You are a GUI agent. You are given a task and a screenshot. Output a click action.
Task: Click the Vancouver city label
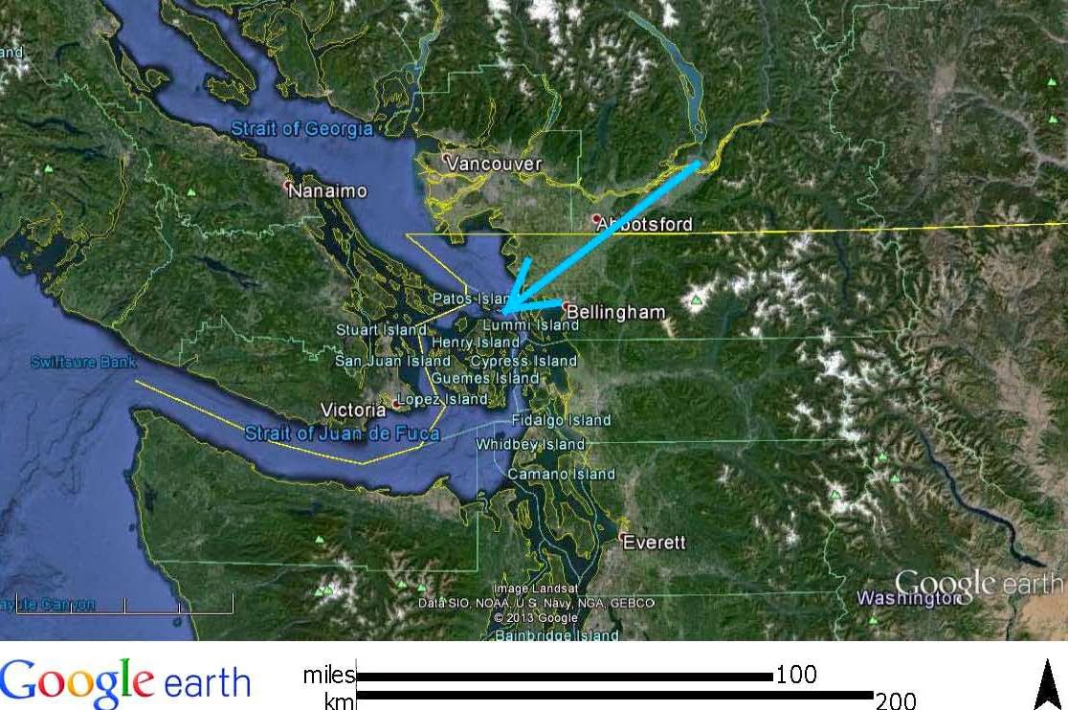pos(494,165)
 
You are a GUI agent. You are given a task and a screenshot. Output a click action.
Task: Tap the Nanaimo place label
pos(328,191)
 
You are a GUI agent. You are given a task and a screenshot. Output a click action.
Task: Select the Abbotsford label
pos(643,226)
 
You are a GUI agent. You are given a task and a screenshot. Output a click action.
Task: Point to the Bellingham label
pos(615,312)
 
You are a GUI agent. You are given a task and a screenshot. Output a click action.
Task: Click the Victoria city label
pos(353,410)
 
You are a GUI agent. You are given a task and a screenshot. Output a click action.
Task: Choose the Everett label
pos(654,543)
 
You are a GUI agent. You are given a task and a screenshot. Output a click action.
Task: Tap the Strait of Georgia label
pos(300,128)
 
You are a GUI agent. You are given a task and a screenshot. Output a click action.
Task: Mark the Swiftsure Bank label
pos(83,363)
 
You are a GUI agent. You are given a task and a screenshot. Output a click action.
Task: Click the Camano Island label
pos(561,475)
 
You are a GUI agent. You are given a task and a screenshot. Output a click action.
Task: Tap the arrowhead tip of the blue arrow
pos(501,311)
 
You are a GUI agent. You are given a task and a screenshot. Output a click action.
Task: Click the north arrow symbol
pos(1049,685)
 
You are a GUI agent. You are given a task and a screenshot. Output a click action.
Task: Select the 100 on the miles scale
pos(796,676)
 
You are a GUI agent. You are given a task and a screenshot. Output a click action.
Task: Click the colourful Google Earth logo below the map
pos(124,681)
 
